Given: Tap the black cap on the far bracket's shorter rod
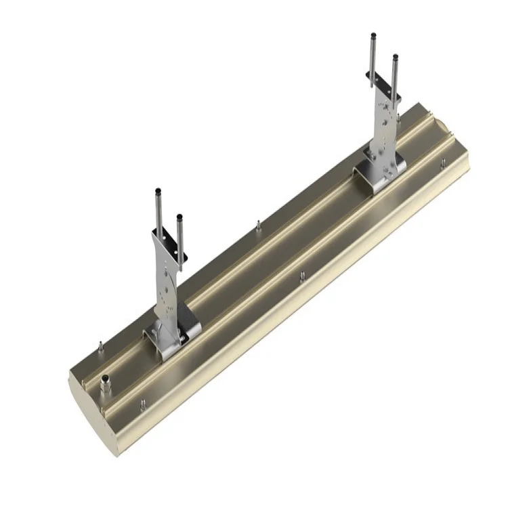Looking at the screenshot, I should pyautogui.click(x=395, y=58).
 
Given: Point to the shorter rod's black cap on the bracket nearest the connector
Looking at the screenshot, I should pyautogui.click(x=180, y=218).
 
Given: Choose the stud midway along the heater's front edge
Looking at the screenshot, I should pyautogui.click(x=302, y=276).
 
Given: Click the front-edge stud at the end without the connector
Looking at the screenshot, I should pyautogui.click(x=442, y=163).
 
